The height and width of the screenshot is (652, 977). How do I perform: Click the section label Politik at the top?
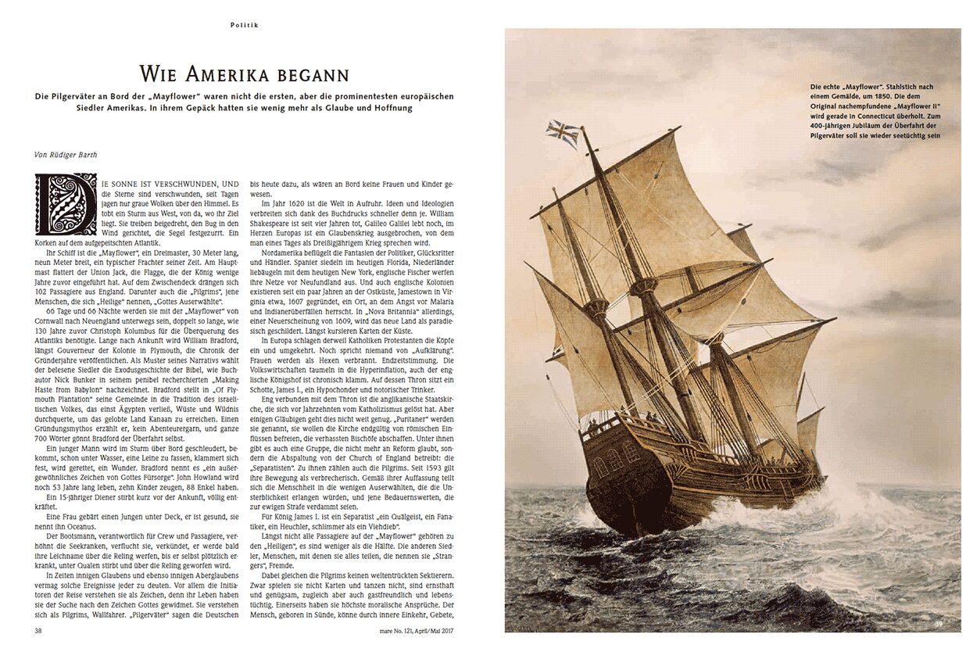coord(245,25)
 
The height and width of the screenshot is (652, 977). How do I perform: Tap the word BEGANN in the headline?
coord(313,75)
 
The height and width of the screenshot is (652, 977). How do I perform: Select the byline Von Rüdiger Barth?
coord(66,154)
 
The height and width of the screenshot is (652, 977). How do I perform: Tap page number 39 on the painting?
coord(946,623)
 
